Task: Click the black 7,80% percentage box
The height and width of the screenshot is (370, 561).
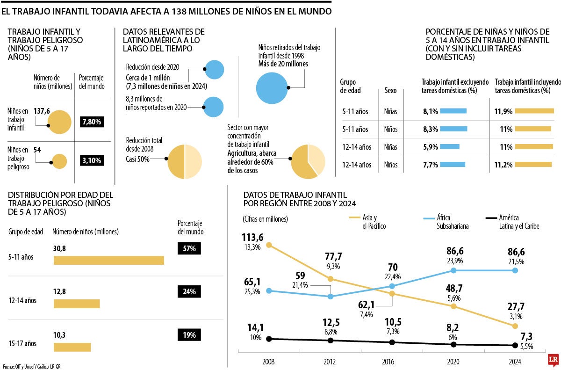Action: [92, 122]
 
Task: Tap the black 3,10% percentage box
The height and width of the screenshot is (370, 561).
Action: [92, 161]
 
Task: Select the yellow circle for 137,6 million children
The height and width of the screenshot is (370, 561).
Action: [59, 122]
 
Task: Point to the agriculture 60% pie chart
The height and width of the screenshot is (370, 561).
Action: [308, 161]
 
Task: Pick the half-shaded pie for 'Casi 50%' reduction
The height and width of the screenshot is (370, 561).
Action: [185, 162]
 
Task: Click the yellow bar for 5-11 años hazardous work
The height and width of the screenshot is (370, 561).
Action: [109, 260]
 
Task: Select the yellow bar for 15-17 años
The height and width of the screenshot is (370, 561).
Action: [72, 347]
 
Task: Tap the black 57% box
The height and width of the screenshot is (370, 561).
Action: [189, 248]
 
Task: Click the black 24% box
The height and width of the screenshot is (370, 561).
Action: [189, 291]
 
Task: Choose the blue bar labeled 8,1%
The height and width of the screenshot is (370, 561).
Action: [453, 111]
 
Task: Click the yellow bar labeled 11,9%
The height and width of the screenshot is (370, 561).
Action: [535, 111]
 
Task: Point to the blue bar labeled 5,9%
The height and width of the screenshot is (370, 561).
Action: [450, 146]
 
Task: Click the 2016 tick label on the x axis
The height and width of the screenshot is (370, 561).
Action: [388, 362]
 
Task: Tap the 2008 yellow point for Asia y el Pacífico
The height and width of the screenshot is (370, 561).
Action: [269, 245]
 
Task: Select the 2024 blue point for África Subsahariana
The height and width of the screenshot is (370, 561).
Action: [515, 270]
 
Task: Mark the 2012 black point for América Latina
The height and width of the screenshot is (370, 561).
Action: [331, 340]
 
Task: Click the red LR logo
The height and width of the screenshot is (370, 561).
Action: [554, 359]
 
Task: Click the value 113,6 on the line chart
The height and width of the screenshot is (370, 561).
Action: [253, 238]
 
